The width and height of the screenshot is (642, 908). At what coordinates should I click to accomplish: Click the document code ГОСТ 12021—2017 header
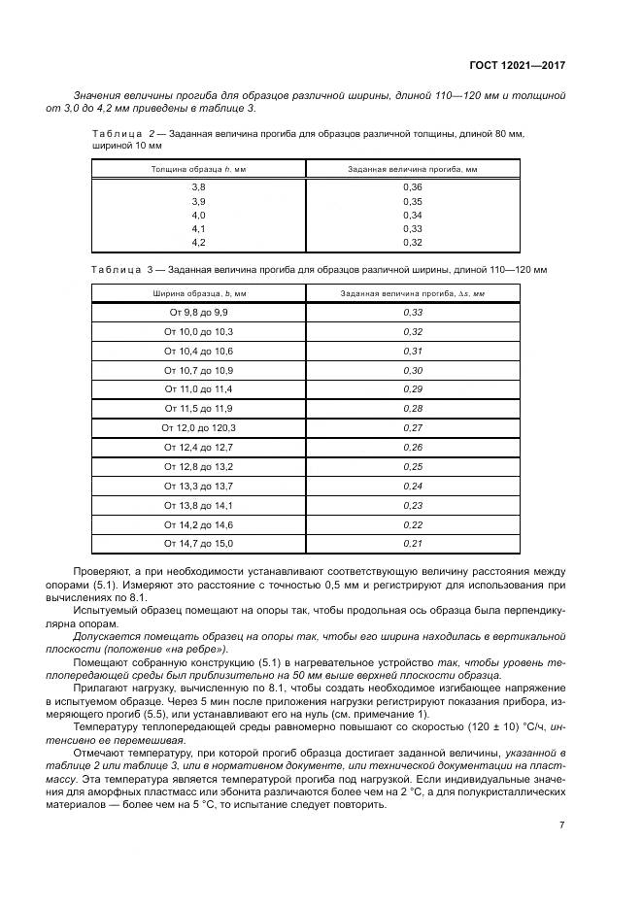pyautogui.click(x=518, y=66)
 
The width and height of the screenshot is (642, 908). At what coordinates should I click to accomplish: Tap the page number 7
pyautogui.click(x=561, y=825)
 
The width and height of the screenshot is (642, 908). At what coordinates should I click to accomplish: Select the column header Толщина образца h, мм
pyautogui.click(x=198, y=169)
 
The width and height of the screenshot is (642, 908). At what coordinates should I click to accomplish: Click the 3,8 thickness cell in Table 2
pyautogui.click(x=198, y=186)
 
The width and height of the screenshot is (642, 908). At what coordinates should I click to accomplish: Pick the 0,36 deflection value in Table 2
pyautogui.click(x=413, y=186)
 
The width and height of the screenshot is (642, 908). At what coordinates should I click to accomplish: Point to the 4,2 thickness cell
pyautogui.click(x=198, y=241)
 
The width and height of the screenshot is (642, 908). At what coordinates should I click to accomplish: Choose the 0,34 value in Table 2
pyautogui.click(x=413, y=214)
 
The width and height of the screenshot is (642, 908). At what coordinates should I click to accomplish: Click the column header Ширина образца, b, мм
pyautogui.click(x=198, y=292)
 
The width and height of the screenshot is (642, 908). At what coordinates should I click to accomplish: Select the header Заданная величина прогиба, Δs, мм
pyautogui.click(x=413, y=292)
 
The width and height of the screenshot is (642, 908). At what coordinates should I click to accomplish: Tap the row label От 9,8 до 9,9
pyautogui.click(x=198, y=313)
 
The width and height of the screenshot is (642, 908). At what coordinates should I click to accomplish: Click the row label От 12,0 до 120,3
pyautogui.click(x=198, y=427)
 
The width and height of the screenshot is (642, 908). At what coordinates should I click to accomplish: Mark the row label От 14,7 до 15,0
pyautogui.click(x=198, y=543)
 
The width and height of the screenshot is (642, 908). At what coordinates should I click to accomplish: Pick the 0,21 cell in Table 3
pyautogui.click(x=413, y=543)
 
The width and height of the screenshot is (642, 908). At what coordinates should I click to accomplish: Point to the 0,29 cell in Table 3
pyautogui.click(x=413, y=389)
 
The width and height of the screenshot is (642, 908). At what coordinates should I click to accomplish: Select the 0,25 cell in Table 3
pyautogui.click(x=413, y=466)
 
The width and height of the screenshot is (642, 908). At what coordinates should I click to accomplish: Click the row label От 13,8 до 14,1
pyautogui.click(x=198, y=505)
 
